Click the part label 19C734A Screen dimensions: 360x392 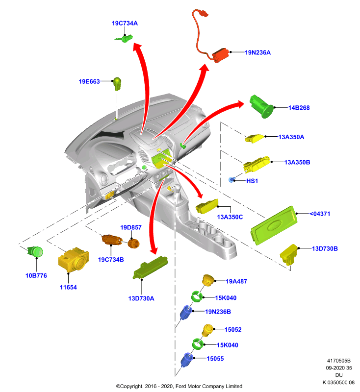(x=125, y=23)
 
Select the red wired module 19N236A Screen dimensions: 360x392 (x=220, y=55)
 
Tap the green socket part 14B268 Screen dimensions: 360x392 (x=261, y=106)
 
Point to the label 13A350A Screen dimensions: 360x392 (x=291, y=137)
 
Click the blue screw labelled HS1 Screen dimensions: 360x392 (x=231, y=180)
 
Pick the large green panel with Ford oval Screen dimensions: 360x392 (x=274, y=225)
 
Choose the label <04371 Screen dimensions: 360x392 (x=320, y=214)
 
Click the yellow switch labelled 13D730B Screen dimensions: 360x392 (x=289, y=254)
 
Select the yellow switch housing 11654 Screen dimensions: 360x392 (x=73, y=260)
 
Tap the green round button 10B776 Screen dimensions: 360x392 (x=35, y=251)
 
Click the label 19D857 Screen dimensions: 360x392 (x=131, y=227)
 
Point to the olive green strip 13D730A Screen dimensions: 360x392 (x=150, y=268)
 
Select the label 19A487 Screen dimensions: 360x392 (x=236, y=281)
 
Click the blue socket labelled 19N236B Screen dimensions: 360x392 (x=186, y=313)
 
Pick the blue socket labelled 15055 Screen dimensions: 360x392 (x=187, y=360)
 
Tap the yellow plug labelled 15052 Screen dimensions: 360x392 (x=207, y=330)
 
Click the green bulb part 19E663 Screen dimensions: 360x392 (x=117, y=84)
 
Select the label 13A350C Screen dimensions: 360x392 (x=230, y=217)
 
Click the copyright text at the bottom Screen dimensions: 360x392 (x=179, y=386)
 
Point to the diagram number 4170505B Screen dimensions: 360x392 (x=339, y=361)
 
